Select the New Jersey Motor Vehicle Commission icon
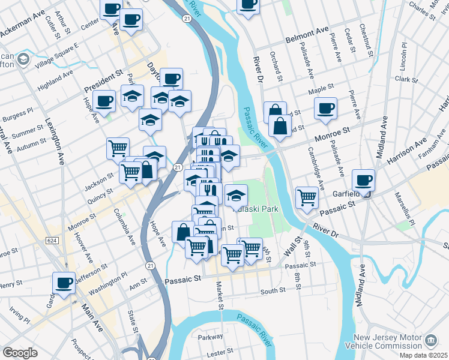(x=430, y=340)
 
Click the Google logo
(x=20, y=352)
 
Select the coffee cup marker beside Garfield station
(x=363, y=180)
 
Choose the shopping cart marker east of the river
(x=307, y=197)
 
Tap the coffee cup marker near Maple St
(x=326, y=109)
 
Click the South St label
(x=273, y=292)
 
